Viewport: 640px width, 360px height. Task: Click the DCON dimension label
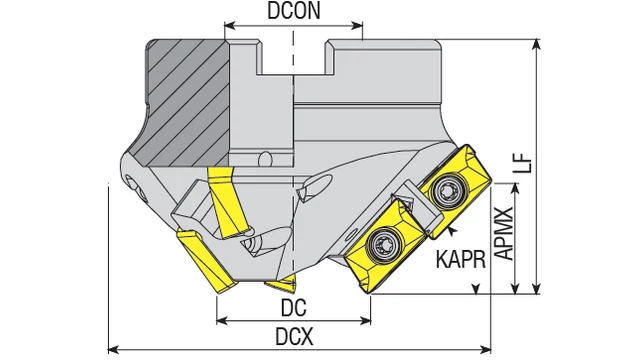coord(294,11)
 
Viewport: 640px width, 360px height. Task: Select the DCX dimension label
coord(294,337)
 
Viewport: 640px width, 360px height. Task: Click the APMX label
coord(504,233)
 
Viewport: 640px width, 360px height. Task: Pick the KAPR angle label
coord(461,259)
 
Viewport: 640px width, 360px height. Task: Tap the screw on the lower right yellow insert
coord(383,244)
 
